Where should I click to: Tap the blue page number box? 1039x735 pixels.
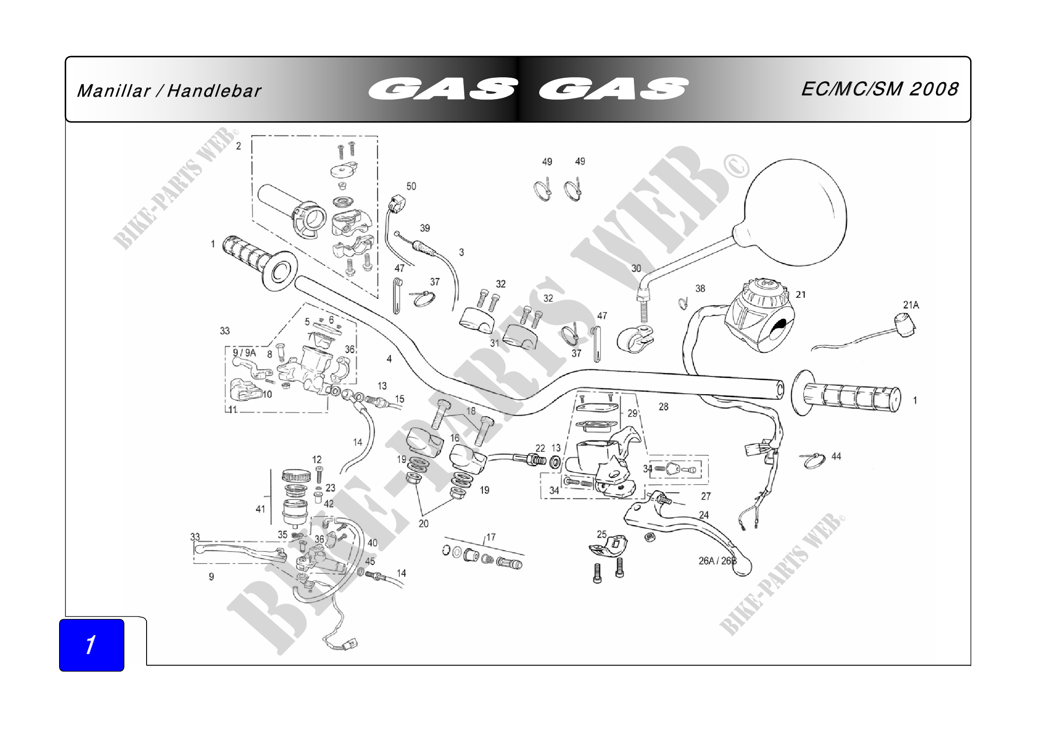tap(92, 644)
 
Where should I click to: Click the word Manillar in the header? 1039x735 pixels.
tap(113, 91)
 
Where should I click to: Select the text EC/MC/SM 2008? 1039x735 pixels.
tap(879, 89)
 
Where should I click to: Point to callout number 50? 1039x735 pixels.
tap(411, 187)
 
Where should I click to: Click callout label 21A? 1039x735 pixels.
tap(911, 305)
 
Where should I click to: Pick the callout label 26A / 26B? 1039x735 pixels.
tap(717, 561)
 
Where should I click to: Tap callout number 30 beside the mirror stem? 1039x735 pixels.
tap(636, 268)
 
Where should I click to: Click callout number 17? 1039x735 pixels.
tap(491, 537)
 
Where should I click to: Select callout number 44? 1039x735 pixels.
tap(836, 456)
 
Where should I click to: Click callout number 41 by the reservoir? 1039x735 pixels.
tap(260, 509)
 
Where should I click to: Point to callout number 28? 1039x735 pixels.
tap(663, 407)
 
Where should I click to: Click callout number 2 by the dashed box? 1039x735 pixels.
tap(239, 146)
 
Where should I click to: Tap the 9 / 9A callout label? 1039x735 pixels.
tap(244, 352)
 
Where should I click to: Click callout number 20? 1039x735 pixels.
tap(423, 523)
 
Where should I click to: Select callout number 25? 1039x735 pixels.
tap(601, 535)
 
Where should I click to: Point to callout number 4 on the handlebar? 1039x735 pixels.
tap(389, 359)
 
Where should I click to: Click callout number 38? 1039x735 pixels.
tap(700, 288)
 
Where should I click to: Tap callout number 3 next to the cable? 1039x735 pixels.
tap(461, 252)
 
